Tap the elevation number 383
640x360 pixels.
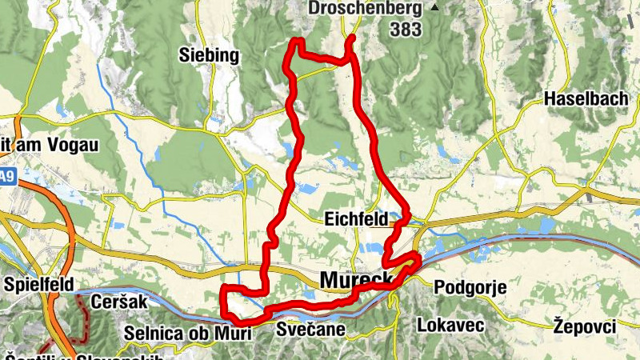click(408, 30)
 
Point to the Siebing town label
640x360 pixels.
click(210, 55)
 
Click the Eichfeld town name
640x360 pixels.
click(356, 218)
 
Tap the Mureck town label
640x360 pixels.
click(356, 279)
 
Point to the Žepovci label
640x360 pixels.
click(585, 325)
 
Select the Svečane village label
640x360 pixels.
click(310, 329)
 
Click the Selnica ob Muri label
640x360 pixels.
click(187, 332)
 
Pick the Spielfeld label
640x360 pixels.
click(38, 284)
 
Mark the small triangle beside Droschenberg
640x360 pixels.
click(434, 8)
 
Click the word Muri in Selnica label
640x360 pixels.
click(232, 332)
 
